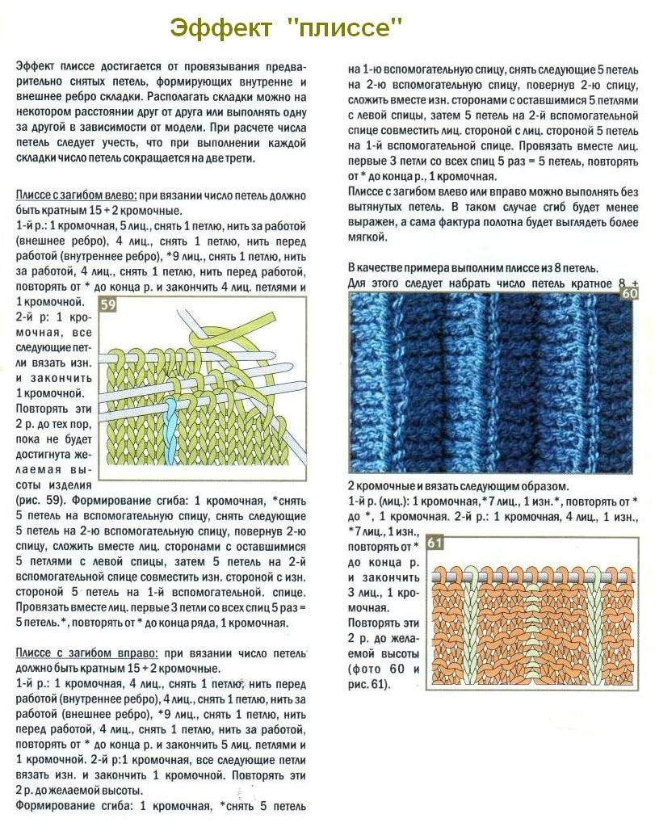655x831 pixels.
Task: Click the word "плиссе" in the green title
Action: (x=350, y=28)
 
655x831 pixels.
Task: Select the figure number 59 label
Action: (x=107, y=304)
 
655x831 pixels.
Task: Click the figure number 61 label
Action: (x=435, y=543)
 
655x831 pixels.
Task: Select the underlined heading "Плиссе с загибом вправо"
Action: (x=79, y=652)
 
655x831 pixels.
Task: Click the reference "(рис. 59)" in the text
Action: (x=40, y=498)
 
